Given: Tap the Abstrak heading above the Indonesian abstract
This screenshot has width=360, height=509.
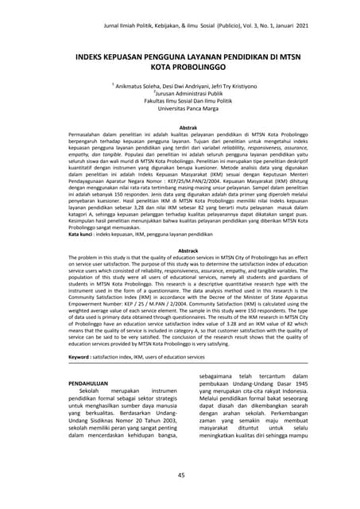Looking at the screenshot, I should [x=188, y=127].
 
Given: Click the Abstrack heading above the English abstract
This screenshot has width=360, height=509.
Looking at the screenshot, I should [x=188, y=251].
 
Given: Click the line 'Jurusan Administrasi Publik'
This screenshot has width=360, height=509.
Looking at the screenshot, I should [x=187, y=93].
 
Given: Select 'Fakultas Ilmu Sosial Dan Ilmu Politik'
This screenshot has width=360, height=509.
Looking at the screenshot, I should [x=187, y=102].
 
